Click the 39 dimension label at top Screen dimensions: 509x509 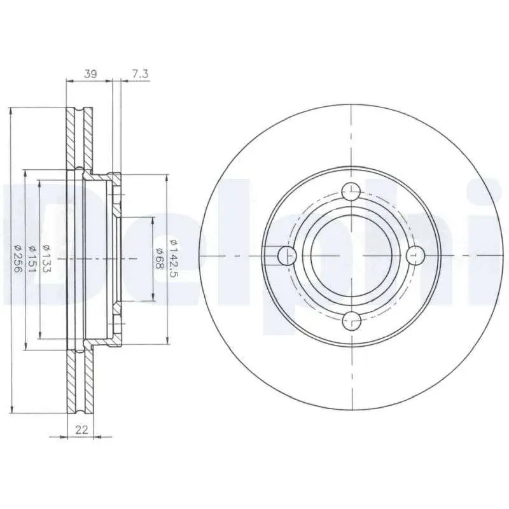tap(90, 74)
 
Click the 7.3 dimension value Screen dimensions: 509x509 tap(140, 74)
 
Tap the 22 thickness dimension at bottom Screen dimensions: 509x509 tap(81, 431)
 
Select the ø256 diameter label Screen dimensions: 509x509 tap(18, 259)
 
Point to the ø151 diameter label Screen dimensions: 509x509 tap(32, 259)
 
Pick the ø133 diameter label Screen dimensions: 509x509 tap(46, 259)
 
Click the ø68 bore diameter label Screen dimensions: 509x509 tap(158, 259)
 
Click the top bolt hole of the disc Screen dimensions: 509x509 tap(352, 192)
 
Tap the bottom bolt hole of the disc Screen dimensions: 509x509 tap(352, 321)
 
